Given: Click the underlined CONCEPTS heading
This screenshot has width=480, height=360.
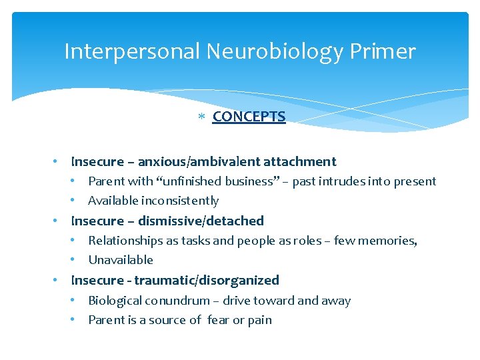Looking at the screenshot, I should pyautogui.click(x=249, y=117).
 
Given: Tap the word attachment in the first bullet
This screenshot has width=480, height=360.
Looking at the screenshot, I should pyautogui.click(x=300, y=161).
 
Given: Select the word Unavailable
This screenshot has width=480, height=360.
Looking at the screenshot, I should pyautogui.click(x=121, y=260).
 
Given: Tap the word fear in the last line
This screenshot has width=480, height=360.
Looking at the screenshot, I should pyautogui.click(x=217, y=320).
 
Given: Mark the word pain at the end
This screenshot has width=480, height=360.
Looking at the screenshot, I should pyautogui.click(x=259, y=321).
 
